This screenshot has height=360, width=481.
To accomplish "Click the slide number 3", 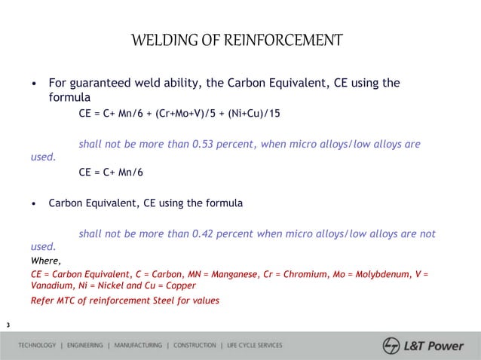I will point(8,325).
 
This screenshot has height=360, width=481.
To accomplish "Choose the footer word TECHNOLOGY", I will point(37,346).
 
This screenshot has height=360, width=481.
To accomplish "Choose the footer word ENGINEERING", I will point(85,346).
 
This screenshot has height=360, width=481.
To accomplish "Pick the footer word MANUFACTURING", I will point(138,346).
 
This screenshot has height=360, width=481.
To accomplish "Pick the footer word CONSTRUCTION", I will point(195,346).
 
